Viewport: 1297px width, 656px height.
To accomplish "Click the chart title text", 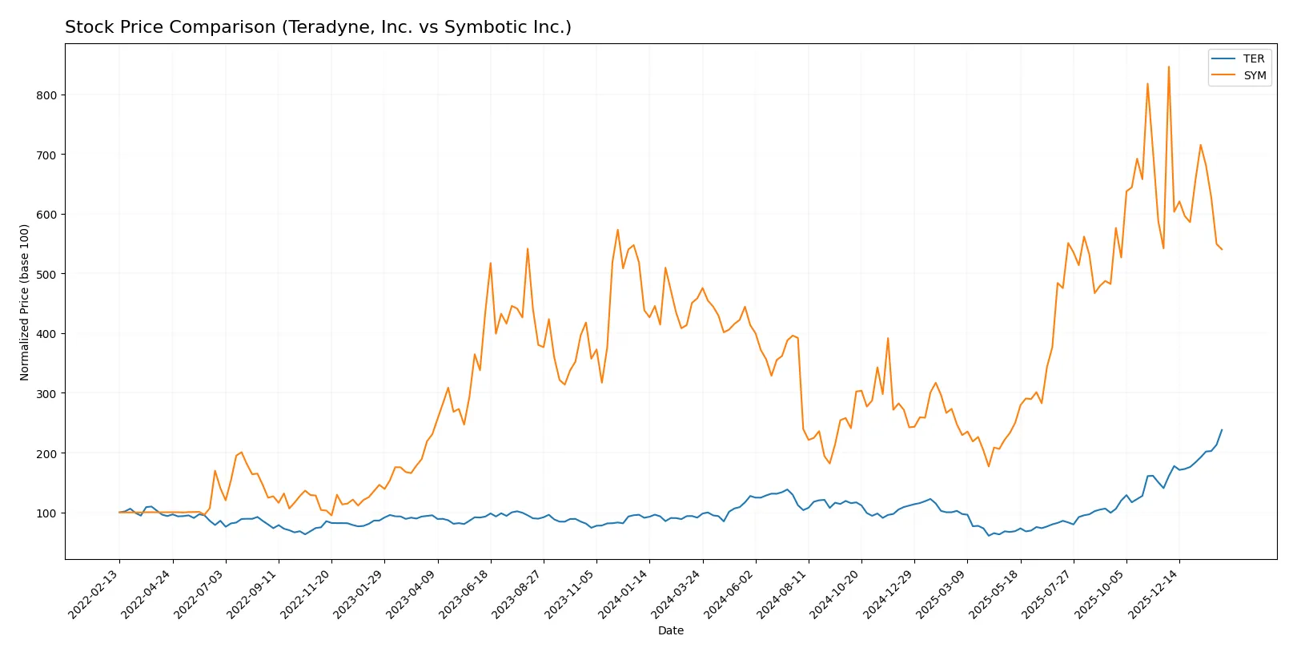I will click(318, 27).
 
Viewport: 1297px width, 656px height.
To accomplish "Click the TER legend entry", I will click(1253, 58).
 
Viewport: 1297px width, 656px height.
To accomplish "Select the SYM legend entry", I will click(1254, 75).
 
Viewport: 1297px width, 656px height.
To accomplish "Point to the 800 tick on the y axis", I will click(46, 95).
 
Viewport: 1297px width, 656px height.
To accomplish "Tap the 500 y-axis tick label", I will click(46, 274).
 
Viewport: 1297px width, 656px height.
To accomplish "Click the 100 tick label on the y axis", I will click(46, 513).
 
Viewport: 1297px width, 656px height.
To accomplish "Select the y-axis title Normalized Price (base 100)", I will click(25, 302).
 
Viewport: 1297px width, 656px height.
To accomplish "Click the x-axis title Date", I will click(670, 630).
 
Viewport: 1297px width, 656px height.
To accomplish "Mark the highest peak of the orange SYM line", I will click(1168, 67).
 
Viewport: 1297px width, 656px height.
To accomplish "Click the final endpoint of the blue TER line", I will click(1222, 430).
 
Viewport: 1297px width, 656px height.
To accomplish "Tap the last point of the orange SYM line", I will click(1222, 249).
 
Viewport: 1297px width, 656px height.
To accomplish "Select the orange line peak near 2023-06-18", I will click(491, 263).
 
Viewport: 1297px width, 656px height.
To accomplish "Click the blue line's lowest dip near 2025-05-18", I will click(989, 535).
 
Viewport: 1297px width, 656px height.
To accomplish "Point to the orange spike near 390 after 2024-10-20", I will click(888, 338).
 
